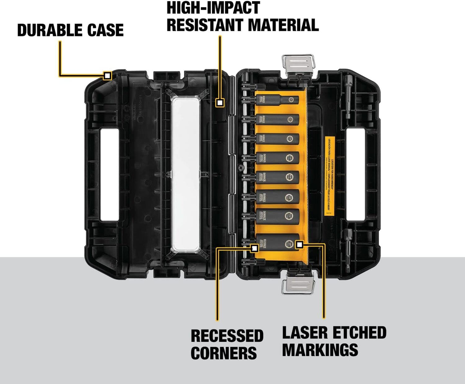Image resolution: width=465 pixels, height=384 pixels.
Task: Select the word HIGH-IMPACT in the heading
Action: (213, 8)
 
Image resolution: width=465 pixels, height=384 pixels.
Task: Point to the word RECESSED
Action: (227, 336)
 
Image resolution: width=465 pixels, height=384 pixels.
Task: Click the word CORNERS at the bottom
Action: (224, 353)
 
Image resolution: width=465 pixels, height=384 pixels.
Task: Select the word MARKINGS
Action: (320, 350)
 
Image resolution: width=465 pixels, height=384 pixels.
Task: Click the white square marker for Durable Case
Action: (107, 76)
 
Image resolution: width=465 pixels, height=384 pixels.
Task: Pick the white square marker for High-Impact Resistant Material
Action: (220, 103)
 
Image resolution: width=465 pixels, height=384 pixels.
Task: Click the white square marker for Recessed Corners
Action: (254, 248)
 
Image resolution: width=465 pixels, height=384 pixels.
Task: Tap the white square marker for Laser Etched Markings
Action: (299, 245)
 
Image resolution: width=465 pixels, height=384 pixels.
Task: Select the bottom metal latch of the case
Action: (297, 284)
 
